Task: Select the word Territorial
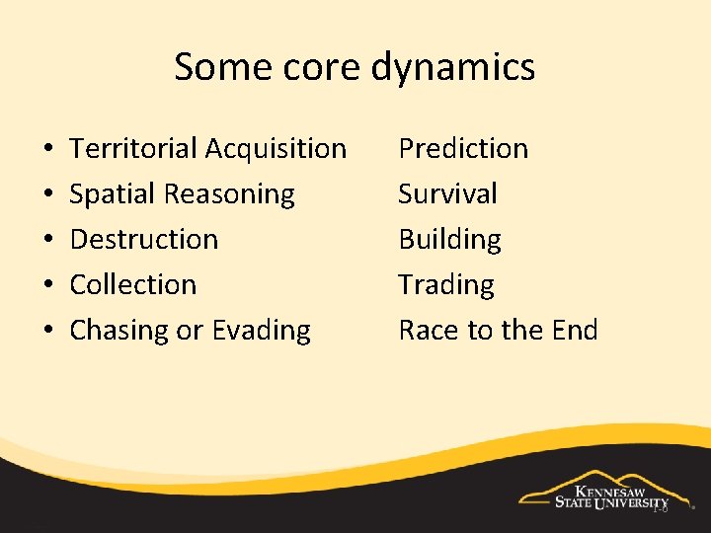(133, 149)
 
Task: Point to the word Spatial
(112, 194)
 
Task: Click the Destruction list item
(144, 240)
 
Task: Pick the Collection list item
(133, 285)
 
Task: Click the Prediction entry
(463, 149)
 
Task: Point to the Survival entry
(447, 194)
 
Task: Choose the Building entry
(449, 240)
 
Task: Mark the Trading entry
(446, 285)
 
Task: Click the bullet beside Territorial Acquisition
(48, 150)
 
